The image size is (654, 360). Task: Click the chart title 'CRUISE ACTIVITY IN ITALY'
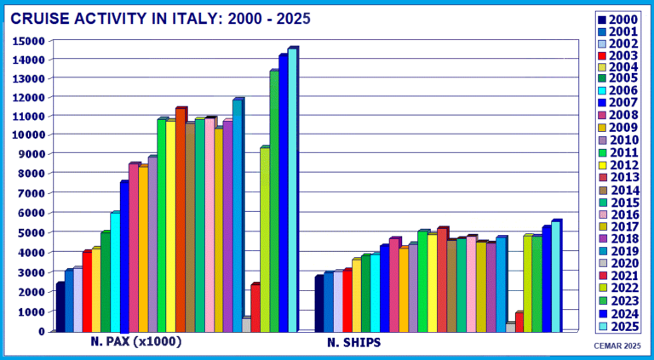[162, 17]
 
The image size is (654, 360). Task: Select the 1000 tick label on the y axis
[30, 311]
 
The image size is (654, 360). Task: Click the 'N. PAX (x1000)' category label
[137, 342]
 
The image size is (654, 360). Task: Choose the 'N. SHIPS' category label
[354, 343]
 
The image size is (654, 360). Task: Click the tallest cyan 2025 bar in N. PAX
[292, 187]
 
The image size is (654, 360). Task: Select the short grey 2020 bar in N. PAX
[246, 324]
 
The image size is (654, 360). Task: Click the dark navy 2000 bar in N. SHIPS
[318, 303]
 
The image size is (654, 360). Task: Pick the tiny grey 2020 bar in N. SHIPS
[509, 327]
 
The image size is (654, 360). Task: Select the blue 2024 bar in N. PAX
[283, 191]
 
